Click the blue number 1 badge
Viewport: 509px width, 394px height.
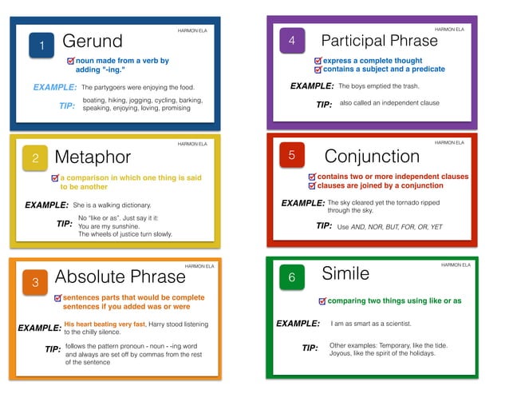[41, 46]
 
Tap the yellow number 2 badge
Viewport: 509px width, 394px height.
[35, 158]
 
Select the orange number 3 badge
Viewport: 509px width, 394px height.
[35, 281]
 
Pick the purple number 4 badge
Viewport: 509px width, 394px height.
[292, 41]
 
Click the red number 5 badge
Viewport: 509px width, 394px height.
[291, 155]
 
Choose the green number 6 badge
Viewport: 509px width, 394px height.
[292, 277]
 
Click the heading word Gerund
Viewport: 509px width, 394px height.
[93, 41]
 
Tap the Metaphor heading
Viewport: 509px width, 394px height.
[93, 157]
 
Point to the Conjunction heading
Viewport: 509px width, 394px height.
[372, 156]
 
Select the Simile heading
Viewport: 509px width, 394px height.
[345, 273]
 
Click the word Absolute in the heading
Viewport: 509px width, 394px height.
[87, 277]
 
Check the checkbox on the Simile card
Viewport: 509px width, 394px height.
[322, 301]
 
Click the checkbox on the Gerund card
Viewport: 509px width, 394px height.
[71, 61]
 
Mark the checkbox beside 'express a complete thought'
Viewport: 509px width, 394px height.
[318, 60]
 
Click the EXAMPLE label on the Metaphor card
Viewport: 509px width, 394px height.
[46, 205]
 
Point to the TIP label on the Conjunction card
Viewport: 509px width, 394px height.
[324, 226]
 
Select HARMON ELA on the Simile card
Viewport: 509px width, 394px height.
[456, 265]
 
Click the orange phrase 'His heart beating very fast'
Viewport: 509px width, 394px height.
[105, 324]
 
